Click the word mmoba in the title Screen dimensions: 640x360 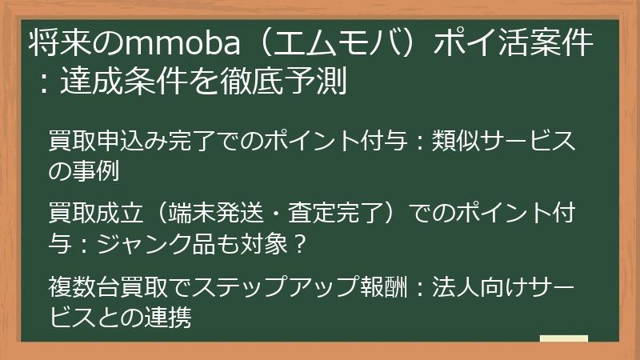[x=183, y=43]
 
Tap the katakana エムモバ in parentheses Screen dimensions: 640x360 [x=336, y=42]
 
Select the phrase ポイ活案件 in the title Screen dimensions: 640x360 [x=513, y=42]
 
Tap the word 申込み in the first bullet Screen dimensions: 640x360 [x=133, y=141]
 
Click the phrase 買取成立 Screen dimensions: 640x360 [x=96, y=213]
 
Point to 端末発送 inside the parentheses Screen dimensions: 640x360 [x=216, y=213]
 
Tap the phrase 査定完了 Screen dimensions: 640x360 [x=335, y=213]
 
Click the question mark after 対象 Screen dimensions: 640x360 [x=300, y=244]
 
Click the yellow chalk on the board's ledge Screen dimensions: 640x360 [x=564, y=338]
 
